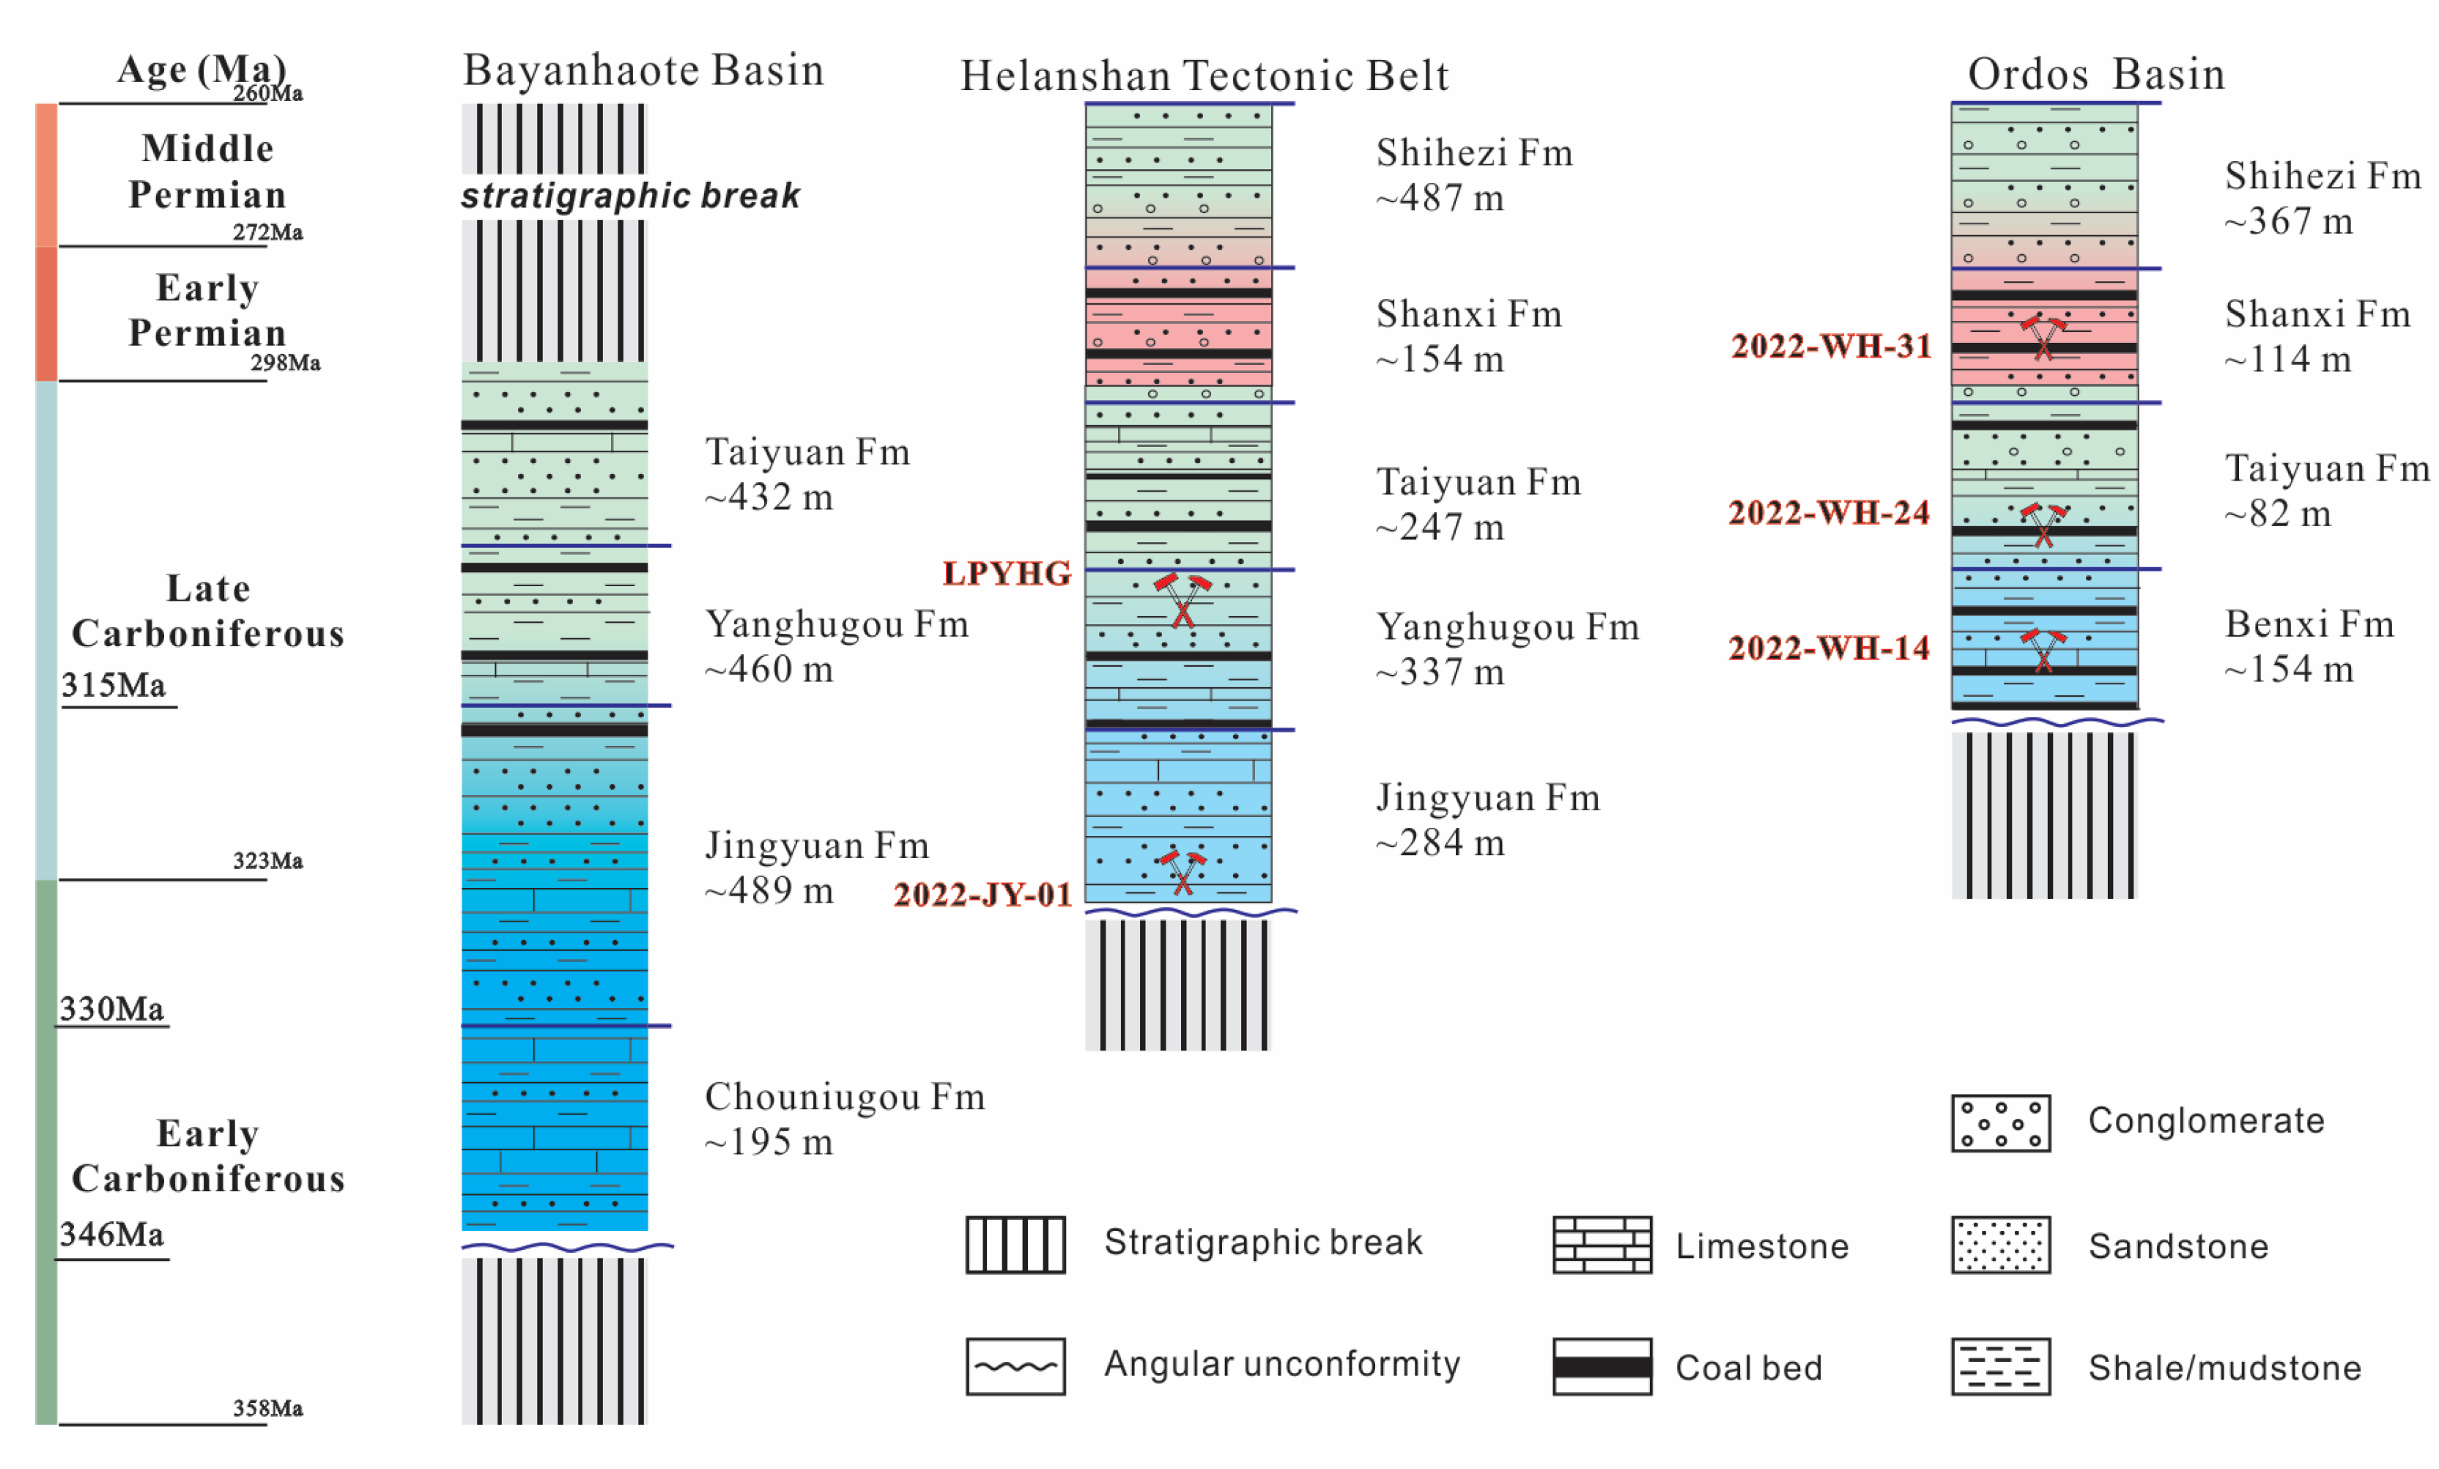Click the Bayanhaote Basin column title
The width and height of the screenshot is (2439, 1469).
[x=643, y=70]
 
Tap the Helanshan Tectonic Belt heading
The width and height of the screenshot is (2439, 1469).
[x=1204, y=76]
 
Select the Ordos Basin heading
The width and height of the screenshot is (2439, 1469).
[x=2095, y=74]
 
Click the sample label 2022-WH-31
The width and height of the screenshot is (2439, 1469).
[x=1830, y=347]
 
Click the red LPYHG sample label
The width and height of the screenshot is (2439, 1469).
[x=1007, y=573]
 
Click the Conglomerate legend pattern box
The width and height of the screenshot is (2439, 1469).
[x=1999, y=1123]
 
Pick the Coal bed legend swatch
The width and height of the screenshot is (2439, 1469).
[x=1602, y=1367]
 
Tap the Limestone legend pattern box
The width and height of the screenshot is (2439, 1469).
[x=1602, y=1246]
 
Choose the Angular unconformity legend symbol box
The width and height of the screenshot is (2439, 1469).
[x=1015, y=1367]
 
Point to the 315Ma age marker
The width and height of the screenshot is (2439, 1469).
[x=113, y=685]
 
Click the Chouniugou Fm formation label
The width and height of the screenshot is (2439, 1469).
[x=844, y=1098]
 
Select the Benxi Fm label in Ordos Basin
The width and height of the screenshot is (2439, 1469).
[x=2309, y=625]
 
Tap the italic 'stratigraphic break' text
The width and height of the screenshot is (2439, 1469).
[x=631, y=196]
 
